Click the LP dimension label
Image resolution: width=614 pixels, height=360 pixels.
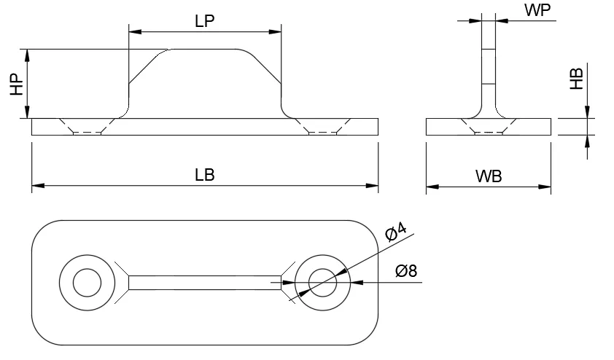[x=205, y=21]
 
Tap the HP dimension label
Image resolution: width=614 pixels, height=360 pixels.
[x=17, y=84]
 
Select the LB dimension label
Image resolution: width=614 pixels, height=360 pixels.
[x=205, y=176]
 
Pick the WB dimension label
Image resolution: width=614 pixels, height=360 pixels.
[x=489, y=176]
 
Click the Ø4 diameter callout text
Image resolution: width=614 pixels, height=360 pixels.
[x=396, y=232]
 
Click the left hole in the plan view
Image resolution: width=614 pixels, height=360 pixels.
[x=86, y=282]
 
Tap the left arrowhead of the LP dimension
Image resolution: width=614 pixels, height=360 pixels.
[x=133, y=31]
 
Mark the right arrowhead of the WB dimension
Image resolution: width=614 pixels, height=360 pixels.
[x=546, y=187]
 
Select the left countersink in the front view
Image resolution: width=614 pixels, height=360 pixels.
[x=87, y=126]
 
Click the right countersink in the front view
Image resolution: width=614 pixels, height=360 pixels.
[x=322, y=126]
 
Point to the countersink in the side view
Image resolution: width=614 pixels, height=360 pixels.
[x=489, y=126]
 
